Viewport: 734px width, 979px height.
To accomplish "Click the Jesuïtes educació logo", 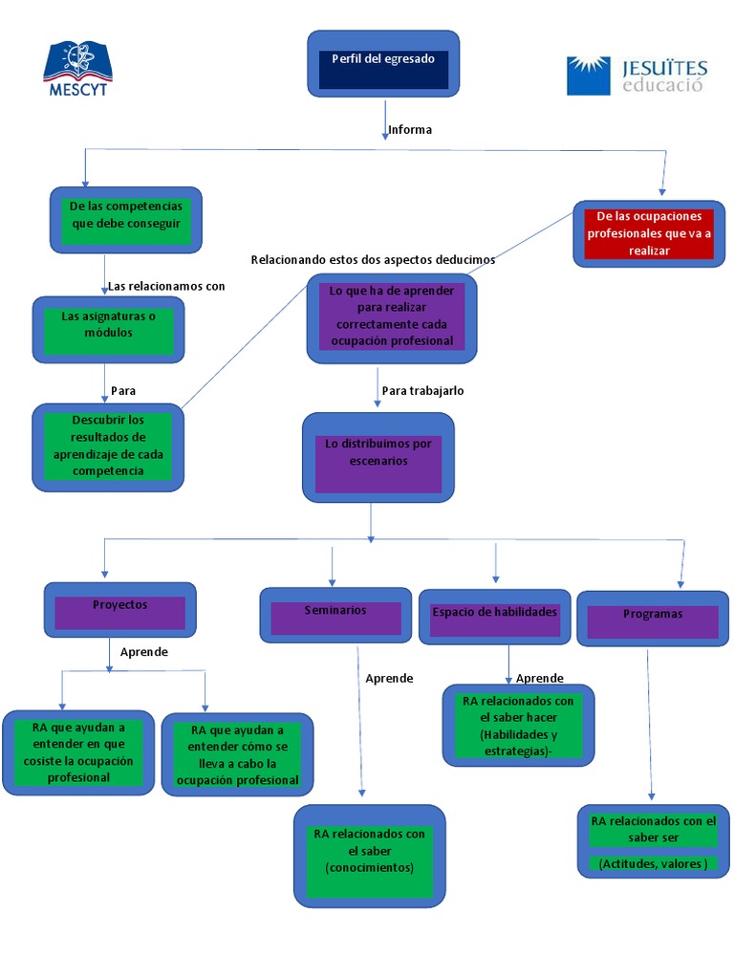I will [637, 76].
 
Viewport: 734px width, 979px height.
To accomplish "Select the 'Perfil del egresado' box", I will [382, 63].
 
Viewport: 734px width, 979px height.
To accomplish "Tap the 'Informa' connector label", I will [410, 130].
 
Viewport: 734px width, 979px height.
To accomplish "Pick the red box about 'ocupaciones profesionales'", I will [649, 233].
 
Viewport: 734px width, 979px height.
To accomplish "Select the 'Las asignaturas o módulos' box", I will [108, 329].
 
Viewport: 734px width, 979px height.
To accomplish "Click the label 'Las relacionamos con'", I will [166, 286].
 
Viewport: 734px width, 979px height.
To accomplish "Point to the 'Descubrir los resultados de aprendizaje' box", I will [108, 446].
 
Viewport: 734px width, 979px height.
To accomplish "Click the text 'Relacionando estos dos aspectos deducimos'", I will [373, 260].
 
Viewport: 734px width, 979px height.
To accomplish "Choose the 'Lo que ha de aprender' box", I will [391, 317].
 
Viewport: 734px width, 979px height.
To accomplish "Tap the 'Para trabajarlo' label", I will [422, 391].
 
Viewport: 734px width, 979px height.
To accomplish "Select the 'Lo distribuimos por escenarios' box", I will [378, 457].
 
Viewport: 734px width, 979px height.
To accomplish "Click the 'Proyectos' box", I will [120, 609].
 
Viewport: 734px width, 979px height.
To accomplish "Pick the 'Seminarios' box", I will [335, 614].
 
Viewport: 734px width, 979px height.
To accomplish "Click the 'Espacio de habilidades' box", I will [494, 616].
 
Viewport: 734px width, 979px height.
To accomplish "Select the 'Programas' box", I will [653, 619].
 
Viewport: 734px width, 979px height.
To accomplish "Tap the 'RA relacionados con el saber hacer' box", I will [518, 726].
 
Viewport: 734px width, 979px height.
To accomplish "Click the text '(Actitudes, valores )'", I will [653, 864].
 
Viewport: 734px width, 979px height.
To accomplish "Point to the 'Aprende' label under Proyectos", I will [144, 652].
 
